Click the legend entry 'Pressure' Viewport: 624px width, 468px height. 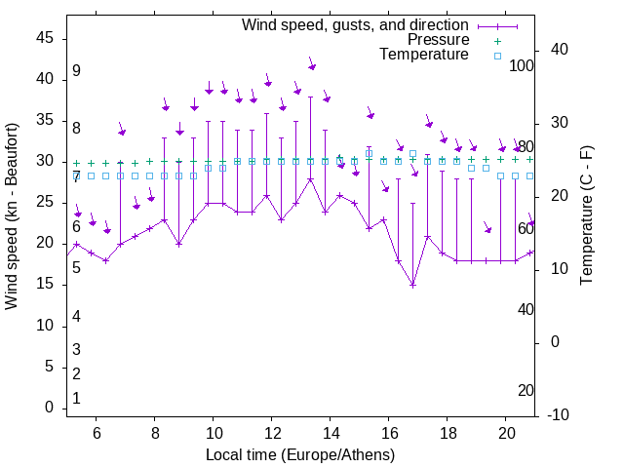pyautogui.click(x=438, y=40)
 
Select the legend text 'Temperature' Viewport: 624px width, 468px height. pyautogui.click(x=424, y=55)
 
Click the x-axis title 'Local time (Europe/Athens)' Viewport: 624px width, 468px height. pyautogui.click(x=300, y=455)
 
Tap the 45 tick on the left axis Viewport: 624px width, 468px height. pyautogui.click(x=45, y=38)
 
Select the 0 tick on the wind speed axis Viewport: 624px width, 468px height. pyautogui.click(x=49, y=408)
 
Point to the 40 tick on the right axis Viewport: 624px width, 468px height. pyautogui.click(x=560, y=50)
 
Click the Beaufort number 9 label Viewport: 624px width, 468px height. pyautogui.click(x=76, y=71)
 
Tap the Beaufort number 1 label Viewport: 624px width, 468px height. pyautogui.click(x=76, y=398)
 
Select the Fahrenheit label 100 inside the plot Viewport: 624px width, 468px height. pyautogui.click(x=523, y=66)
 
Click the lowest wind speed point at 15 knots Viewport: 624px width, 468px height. pyautogui.click(x=412, y=285)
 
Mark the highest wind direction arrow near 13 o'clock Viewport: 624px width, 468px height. pyautogui.click(x=312, y=65)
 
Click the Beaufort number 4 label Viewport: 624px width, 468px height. pyautogui.click(x=76, y=316)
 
